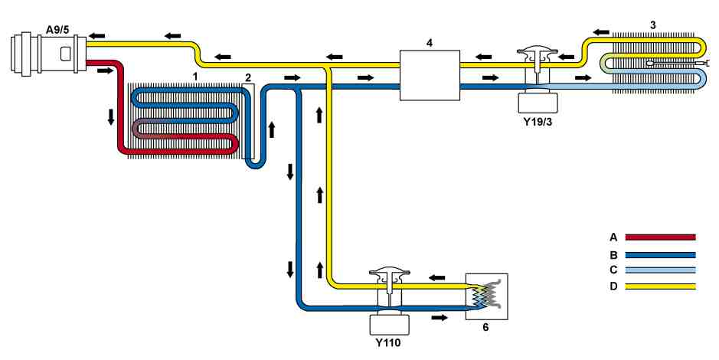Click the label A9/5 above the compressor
coord(58,31)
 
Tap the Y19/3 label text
coord(538,122)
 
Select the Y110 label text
coord(388,342)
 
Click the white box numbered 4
coord(430,75)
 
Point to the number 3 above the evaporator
coord(653,25)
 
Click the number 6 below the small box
coord(485,327)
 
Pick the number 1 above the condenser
coord(195,77)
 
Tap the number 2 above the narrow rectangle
coord(248,77)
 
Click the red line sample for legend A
coord(661,237)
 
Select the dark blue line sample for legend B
coord(661,255)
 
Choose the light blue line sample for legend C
coord(661,270)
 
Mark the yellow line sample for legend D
coord(661,286)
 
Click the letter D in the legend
coord(613,286)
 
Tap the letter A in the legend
coord(613,237)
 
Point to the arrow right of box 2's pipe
coord(272,129)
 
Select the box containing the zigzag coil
coord(486,296)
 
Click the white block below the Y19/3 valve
coord(538,103)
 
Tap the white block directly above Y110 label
coord(389,324)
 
